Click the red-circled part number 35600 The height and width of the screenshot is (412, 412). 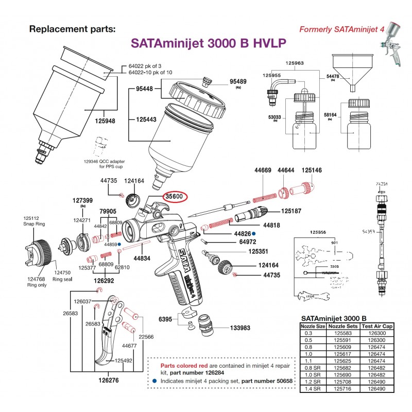(x=176, y=197)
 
